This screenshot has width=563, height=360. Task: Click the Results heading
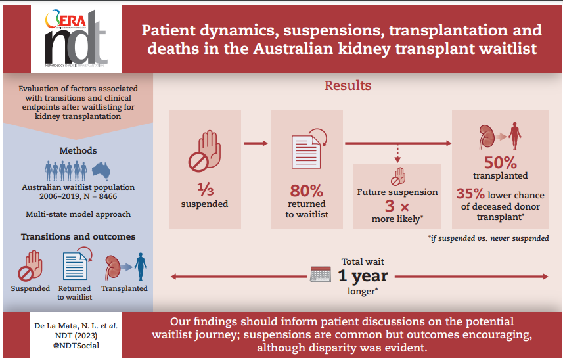coord(348,86)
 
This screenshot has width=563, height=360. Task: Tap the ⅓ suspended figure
coord(205,191)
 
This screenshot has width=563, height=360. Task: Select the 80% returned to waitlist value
coord(307,191)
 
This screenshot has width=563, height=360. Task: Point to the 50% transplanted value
coord(500,162)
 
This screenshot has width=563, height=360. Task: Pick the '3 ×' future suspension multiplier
coord(397,206)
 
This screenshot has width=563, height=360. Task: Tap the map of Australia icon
coord(101,170)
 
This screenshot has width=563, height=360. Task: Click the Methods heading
coord(78,150)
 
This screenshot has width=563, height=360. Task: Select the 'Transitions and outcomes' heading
coord(78,236)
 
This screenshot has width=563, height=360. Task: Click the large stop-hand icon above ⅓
coord(204,150)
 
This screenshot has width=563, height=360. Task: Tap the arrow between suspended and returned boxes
coord(256,142)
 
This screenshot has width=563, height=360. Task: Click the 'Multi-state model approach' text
coord(78,214)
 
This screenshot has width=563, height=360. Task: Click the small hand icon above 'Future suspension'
coord(397,177)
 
